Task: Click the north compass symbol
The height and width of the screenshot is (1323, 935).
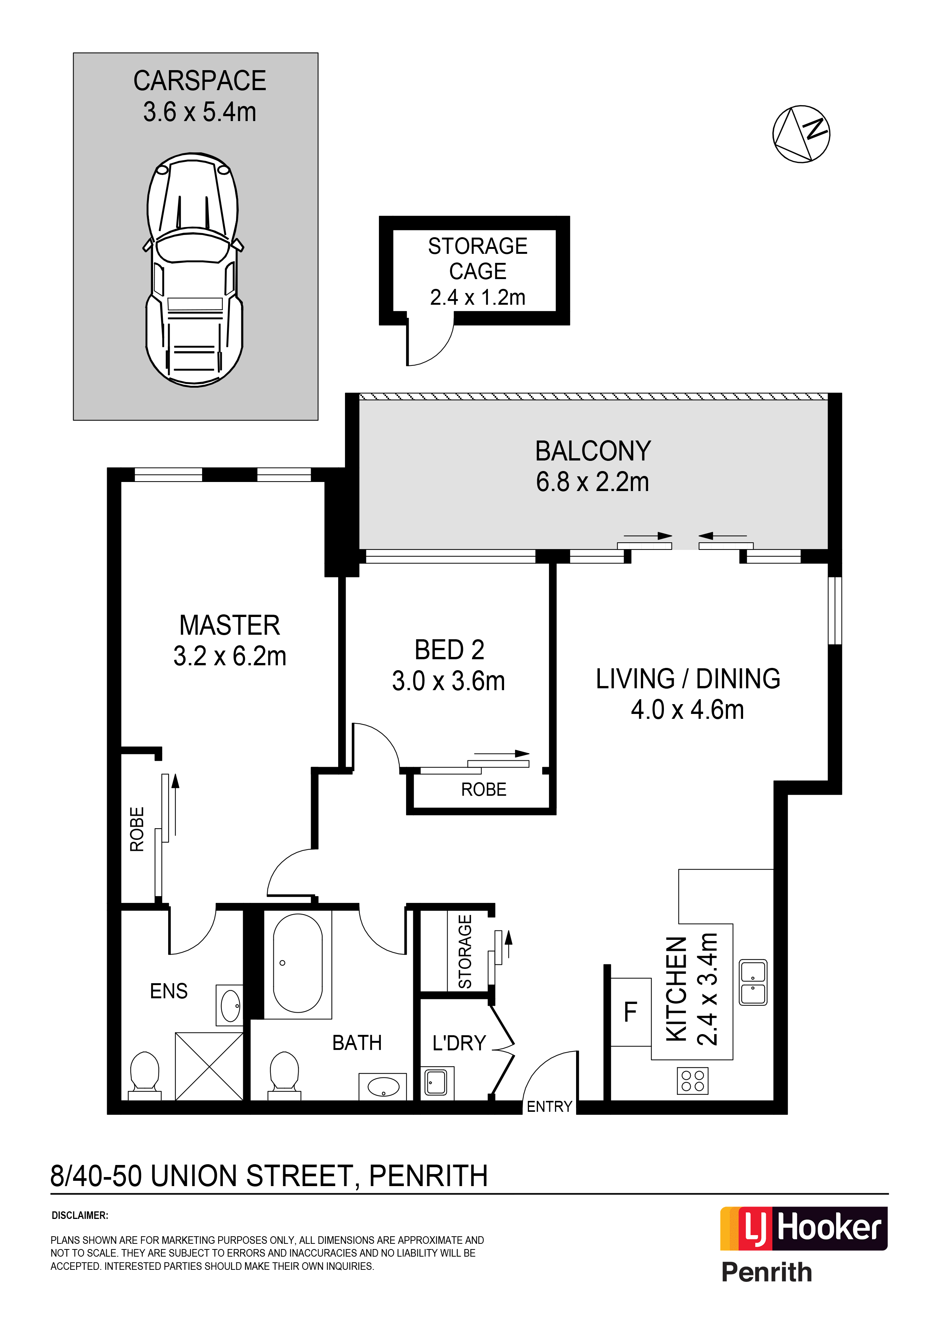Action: [801, 134]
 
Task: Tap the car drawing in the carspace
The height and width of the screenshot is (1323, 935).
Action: [194, 270]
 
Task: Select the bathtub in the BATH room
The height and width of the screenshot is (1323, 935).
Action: [298, 963]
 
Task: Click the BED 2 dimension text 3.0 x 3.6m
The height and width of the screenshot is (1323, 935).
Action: [448, 681]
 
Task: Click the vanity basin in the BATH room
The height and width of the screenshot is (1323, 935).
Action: [383, 1087]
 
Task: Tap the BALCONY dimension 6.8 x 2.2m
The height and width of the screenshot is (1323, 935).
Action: [592, 482]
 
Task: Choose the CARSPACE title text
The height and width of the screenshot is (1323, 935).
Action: [199, 81]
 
